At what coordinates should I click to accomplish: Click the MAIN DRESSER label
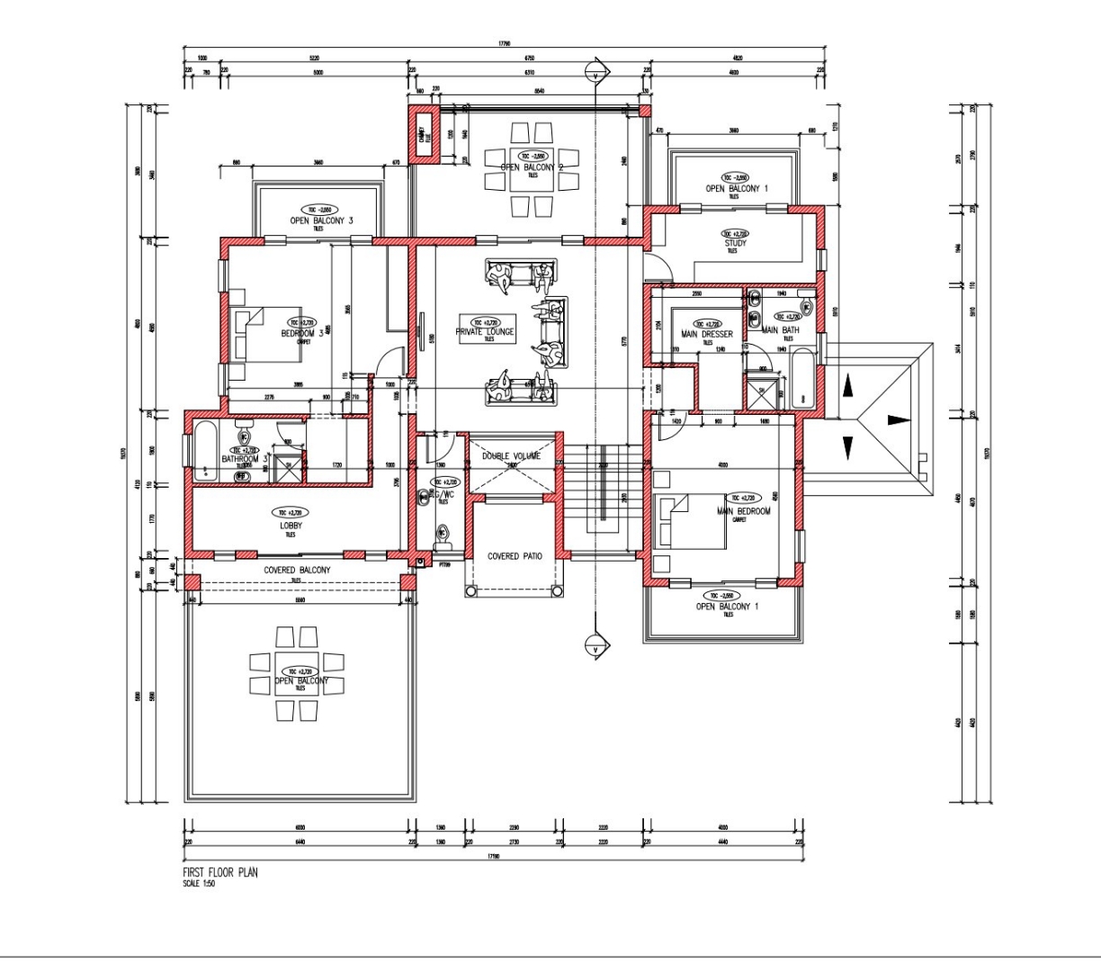708,334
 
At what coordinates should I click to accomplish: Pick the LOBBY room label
290,525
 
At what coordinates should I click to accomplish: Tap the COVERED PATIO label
515,556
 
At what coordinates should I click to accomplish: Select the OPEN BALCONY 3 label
320,220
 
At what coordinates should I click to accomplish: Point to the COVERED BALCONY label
297,571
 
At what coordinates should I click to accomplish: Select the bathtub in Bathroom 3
202,451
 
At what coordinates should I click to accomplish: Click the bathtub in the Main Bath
802,381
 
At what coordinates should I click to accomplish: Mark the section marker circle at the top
594,70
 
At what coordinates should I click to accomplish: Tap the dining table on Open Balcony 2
532,168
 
